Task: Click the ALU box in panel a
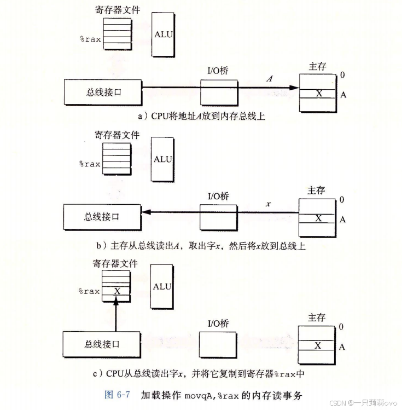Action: pyautogui.click(x=162, y=34)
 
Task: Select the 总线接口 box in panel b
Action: pyautogui.click(x=102, y=217)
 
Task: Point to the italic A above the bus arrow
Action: pyautogui.click(x=269, y=79)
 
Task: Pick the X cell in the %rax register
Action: pyautogui.click(x=116, y=291)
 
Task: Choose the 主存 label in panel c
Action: pyautogui.click(x=316, y=317)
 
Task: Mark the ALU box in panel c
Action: pyautogui.click(x=162, y=286)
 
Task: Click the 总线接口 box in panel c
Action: pyautogui.click(x=102, y=344)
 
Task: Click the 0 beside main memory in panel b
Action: pyautogui.click(x=342, y=200)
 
